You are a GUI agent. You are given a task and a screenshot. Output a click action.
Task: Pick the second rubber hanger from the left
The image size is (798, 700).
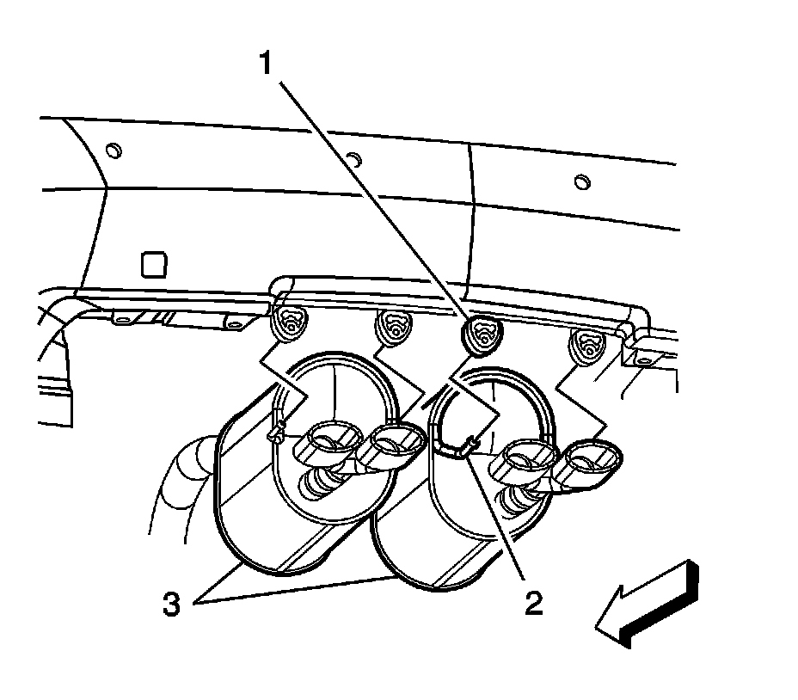tap(393, 328)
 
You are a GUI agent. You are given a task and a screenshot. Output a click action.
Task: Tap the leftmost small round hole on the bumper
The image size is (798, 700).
tap(113, 152)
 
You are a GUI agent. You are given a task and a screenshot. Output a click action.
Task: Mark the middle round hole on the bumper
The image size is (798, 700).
tap(352, 158)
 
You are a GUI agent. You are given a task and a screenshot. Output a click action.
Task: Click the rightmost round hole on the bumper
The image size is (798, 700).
tap(582, 182)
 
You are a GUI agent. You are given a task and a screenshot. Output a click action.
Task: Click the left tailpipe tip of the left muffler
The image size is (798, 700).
tap(325, 437)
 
